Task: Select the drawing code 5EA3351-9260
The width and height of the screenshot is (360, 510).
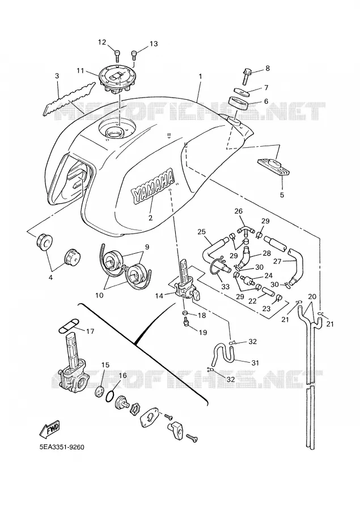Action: click(x=62, y=447)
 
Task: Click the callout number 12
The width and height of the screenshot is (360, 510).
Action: click(x=102, y=42)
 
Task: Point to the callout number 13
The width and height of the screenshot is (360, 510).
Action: click(x=153, y=44)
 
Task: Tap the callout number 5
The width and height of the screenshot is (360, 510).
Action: click(x=282, y=195)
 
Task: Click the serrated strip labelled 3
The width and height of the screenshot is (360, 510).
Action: click(x=69, y=99)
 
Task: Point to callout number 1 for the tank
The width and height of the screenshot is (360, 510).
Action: click(x=201, y=76)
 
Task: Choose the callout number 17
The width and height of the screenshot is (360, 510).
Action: click(x=90, y=331)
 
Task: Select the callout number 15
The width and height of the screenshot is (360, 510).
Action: click(x=105, y=364)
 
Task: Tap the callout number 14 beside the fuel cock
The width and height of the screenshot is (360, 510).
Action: click(x=159, y=296)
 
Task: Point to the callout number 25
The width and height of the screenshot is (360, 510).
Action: click(x=202, y=232)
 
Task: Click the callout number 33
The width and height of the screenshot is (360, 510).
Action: click(x=225, y=287)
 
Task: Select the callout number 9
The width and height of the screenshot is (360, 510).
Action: click(x=147, y=247)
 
